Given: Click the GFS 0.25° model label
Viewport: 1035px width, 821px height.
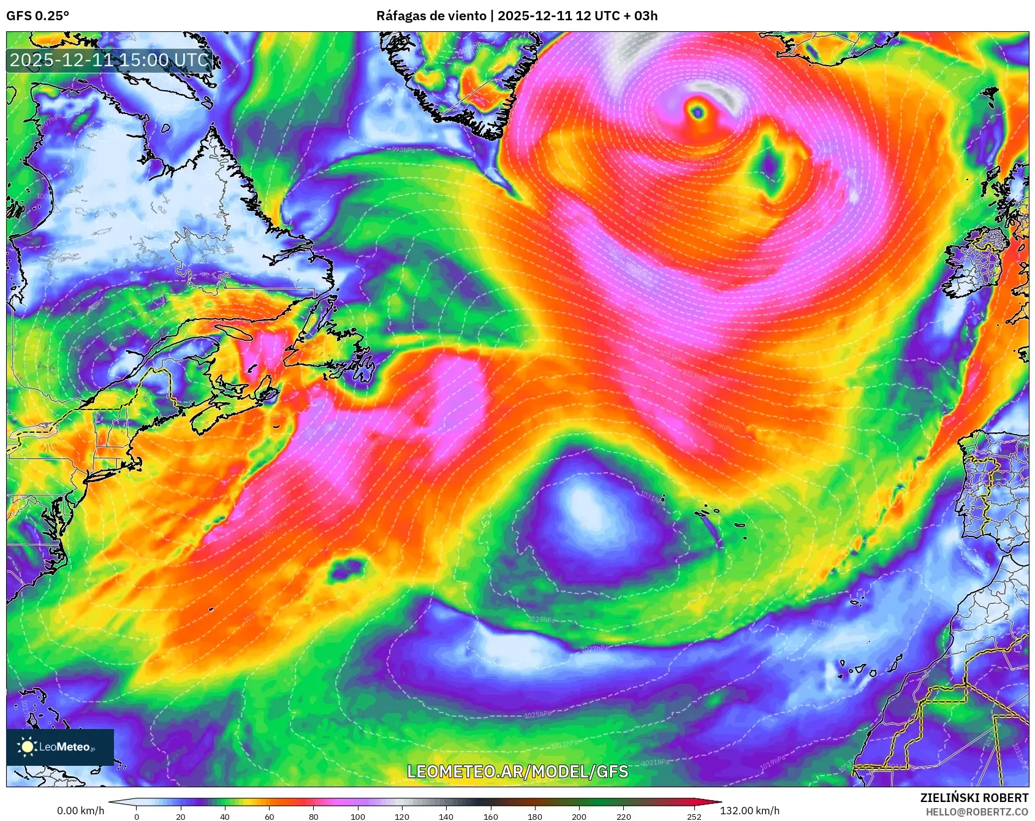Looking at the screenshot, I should click(37, 15).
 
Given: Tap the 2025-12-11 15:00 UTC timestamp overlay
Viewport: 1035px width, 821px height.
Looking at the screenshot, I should click(109, 60).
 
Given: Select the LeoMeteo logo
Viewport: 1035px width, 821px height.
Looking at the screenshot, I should click(59, 747).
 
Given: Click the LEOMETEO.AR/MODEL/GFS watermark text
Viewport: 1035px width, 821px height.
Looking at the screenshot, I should click(518, 771).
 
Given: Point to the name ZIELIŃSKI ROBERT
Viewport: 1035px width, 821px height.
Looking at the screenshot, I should click(974, 798).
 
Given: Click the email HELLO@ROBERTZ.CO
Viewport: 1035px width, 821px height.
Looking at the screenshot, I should click(976, 812).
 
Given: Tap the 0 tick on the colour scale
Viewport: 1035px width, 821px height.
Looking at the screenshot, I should click(136, 816).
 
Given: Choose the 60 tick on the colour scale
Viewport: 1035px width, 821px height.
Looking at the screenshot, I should click(269, 816).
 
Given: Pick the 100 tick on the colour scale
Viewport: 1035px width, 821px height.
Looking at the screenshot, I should click(358, 816).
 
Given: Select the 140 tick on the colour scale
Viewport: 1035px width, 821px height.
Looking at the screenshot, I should click(446, 816).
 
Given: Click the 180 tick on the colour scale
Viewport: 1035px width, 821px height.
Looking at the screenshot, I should click(535, 816).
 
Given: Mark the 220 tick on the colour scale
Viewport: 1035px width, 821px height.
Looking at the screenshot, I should click(623, 816).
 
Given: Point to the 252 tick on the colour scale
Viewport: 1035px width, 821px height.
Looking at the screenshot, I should click(694, 816).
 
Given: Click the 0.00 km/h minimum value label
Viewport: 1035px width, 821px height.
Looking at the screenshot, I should click(80, 811).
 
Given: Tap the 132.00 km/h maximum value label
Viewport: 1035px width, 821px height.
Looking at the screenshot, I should click(749, 811).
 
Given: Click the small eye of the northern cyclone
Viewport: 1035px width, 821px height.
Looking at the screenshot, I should click(697, 112).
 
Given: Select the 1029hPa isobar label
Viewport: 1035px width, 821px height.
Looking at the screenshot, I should click(540, 619).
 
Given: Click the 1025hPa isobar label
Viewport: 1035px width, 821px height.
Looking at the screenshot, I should click(537, 714).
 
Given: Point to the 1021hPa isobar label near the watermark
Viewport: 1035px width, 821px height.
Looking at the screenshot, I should click(654, 762).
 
